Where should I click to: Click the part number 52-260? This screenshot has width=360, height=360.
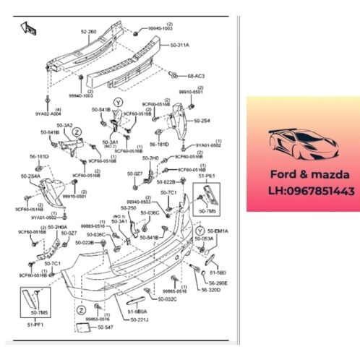tap(88, 31)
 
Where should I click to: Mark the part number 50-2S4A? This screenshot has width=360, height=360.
tap(31, 176)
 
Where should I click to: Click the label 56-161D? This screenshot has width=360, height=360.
tap(38, 156)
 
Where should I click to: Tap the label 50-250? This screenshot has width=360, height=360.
tap(128, 207)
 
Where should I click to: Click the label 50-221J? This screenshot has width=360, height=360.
tap(141, 319)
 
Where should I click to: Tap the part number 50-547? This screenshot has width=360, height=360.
tap(106, 328)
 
